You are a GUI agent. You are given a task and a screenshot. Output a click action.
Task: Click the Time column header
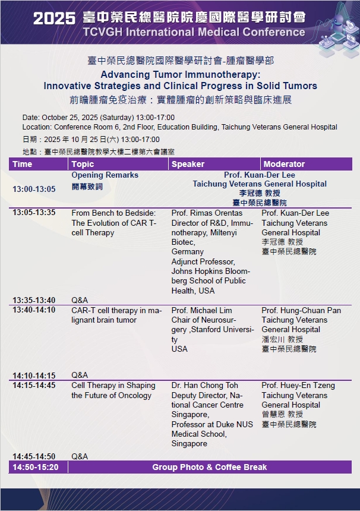pyautogui.click(x=22, y=164)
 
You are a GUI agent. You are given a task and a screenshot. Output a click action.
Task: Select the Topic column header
pyautogui.click(x=83, y=164)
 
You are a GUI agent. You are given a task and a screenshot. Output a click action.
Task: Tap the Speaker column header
pyautogui.click(x=188, y=164)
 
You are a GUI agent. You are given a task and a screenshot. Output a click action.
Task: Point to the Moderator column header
pyautogui.click(x=284, y=164)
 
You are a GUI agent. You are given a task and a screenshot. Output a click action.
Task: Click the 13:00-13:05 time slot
pyautogui.click(x=34, y=189)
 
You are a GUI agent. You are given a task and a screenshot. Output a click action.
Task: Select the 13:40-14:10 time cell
pyautogui.click(x=34, y=310)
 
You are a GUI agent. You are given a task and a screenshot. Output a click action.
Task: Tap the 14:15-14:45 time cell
pyautogui.click(x=34, y=385)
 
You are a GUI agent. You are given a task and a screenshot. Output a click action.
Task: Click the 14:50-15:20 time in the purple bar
pyautogui.click(x=36, y=467)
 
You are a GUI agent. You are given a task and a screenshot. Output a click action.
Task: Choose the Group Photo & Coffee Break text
pyautogui.click(x=210, y=467)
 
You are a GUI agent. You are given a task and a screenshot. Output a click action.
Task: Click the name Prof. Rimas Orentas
pyautogui.click(x=207, y=213)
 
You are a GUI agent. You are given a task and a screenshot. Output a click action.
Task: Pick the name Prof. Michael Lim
pyautogui.click(x=201, y=310)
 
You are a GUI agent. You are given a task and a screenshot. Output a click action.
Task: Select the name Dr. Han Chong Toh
pyautogui.click(x=204, y=386)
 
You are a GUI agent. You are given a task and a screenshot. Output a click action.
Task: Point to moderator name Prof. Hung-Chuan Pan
pyautogui.click(x=301, y=310)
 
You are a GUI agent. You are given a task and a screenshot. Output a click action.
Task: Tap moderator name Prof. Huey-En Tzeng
pyautogui.click(x=298, y=386)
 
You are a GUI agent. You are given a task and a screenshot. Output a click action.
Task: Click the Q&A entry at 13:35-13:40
pyautogui.click(x=80, y=300)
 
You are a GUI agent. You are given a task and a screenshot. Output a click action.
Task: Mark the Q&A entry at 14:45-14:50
pyautogui.click(x=80, y=456)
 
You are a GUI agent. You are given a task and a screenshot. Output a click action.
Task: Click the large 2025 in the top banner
pyautogui.click(x=55, y=18)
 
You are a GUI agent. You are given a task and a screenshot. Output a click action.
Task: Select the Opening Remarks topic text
pyautogui.click(x=105, y=175)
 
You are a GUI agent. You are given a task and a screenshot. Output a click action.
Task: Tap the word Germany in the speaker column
pyautogui.click(x=188, y=252)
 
